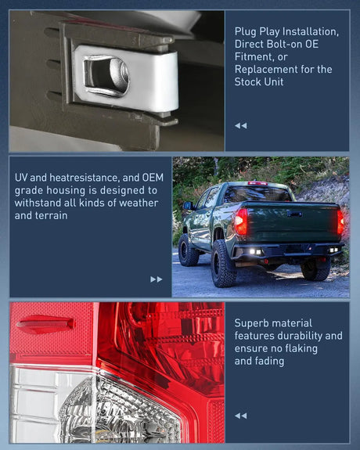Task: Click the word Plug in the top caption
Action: click(x=245, y=32)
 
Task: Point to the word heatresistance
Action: click(x=84, y=178)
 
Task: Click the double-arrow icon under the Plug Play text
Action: click(x=240, y=125)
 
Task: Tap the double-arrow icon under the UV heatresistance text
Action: click(x=157, y=279)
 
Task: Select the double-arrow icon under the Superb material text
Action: click(x=240, y=416)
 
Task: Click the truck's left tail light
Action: click(x=241, y=221)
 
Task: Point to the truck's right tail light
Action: click(x=340, y=221)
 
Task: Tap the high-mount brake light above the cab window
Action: click(x=257, y=183)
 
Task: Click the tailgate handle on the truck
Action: click(x=294, y=214)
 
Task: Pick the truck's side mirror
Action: click(x=188, y=206)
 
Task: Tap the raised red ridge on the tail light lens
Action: click(x=45, y=324)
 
